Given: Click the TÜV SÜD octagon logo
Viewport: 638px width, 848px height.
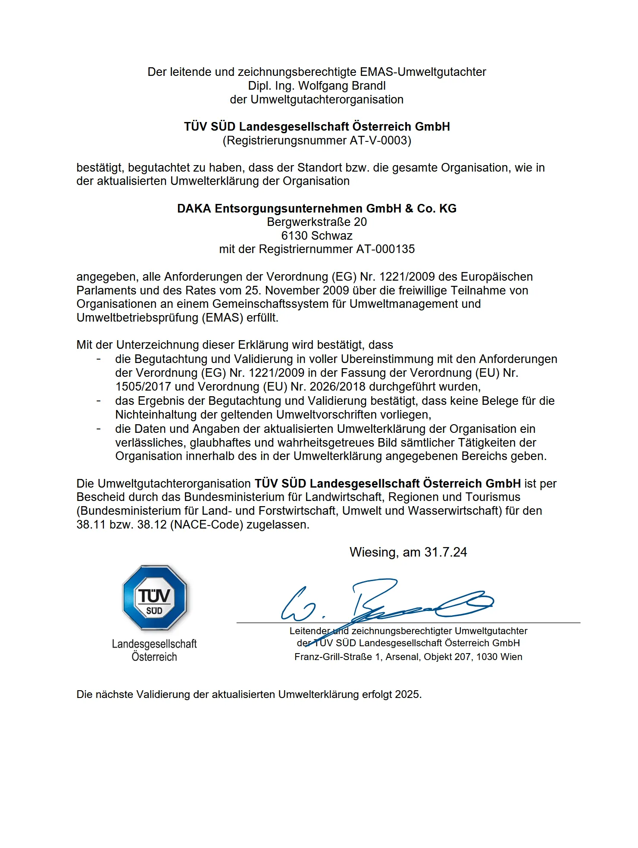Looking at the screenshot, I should point(154,598).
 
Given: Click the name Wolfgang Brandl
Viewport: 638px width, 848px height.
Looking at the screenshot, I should point(342,86).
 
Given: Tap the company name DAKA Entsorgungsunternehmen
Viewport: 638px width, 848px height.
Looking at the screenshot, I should point(289,209).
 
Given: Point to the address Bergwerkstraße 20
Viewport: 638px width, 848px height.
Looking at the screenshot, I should point(317,222).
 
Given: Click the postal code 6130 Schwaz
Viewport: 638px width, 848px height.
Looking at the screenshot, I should point(317,236).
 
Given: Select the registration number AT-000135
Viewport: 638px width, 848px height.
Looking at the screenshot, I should point(385,249).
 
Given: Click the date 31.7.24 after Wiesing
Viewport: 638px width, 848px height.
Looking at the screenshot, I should point(446,552).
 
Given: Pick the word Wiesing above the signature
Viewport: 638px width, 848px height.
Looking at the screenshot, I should point(373,552).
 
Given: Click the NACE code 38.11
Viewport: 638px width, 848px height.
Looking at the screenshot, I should point(91,525).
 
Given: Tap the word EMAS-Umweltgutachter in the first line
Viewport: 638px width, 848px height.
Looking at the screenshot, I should point(423,72).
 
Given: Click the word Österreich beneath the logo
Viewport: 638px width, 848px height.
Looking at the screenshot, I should point(154,657).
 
